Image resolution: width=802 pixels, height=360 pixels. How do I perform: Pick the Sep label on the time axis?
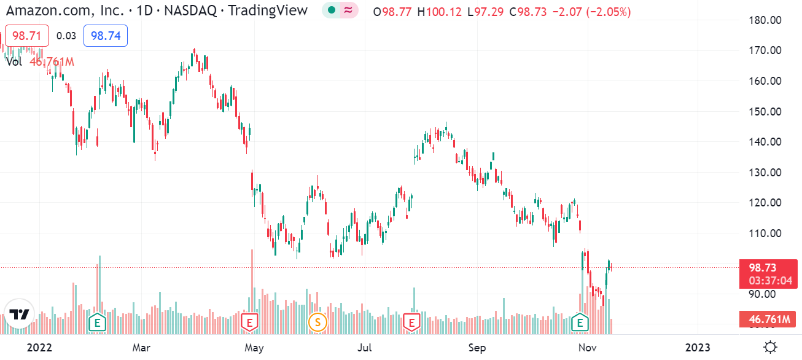pos(477,348)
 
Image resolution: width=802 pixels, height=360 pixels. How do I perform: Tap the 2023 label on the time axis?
pos(698,348)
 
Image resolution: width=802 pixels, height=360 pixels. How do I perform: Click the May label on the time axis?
pos(254,348)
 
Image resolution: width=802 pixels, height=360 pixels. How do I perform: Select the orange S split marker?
pos(317,321)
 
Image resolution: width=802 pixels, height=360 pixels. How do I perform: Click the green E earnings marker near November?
pos(578,321)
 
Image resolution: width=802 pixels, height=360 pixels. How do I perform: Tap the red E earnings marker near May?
pos(249,321)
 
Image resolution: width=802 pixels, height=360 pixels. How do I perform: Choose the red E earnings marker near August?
pos(411,321)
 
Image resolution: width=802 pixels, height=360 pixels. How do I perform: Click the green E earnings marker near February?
pos(96,321)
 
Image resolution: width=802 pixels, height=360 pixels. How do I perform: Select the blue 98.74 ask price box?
pos(106,36)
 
